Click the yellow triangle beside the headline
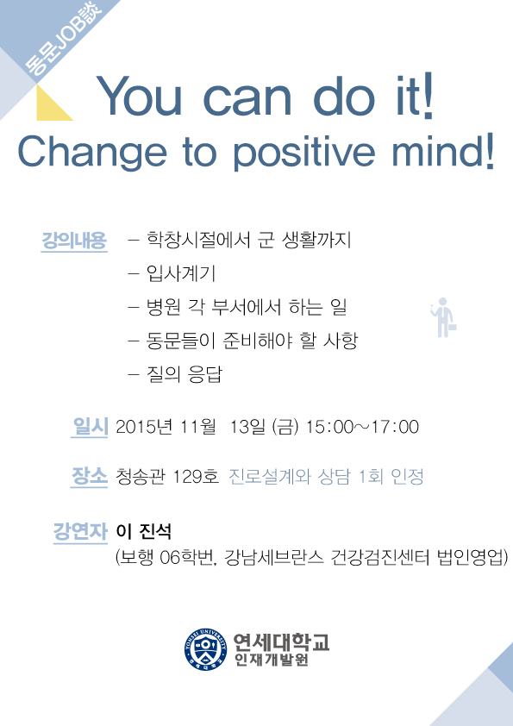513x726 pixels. coord(53,103)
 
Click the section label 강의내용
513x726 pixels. coord(74,240)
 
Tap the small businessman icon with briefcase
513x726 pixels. coord(443,317)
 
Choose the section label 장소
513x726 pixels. coord(90,476)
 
